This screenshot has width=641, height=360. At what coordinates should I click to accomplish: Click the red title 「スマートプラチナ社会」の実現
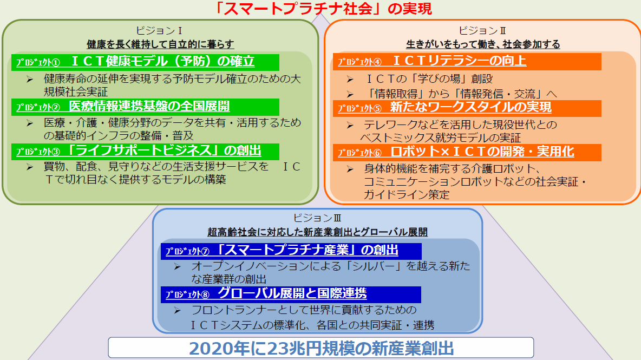click(x=323, y=8)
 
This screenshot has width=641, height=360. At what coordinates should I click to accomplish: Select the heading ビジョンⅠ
click(x=159, y=31)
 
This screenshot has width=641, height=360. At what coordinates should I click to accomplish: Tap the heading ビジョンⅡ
click(x=482, y=31)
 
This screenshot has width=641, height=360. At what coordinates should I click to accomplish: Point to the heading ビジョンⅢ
click(x=317, y=218)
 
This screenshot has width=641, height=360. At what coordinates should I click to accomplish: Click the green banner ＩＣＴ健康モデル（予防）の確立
click(x=145, y=62)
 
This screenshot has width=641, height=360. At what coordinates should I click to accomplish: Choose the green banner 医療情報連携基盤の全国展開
click(x=145, y=107)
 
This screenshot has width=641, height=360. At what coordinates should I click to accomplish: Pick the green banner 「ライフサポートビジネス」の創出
click(x=145, y=151)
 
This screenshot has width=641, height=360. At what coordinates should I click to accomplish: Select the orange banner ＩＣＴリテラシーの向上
click(x=467, y=61)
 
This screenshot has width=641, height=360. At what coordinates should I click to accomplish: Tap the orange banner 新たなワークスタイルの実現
click(x=467, y=108)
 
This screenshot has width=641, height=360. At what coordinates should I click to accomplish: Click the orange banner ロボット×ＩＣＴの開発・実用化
click(x=467, y=153)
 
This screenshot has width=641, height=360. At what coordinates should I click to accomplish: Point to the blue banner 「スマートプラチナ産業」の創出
click(x=291, y=251)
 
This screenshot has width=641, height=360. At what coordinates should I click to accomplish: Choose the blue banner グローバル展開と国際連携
click(x=291, y=294)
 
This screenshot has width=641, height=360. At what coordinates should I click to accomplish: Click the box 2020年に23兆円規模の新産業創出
click(x=321, y=348)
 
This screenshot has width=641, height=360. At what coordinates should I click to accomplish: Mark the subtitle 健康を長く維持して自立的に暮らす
click(x=160, y=44)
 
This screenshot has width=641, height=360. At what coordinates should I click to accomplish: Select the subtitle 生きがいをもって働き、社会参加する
click(x=483, y=44)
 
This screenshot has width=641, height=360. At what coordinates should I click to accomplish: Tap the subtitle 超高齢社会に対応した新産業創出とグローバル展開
click(x=318, y=232)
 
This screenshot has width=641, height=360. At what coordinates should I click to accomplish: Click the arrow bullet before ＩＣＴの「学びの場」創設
click(x=350, y=79)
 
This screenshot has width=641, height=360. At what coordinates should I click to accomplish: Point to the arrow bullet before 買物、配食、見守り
click(x=29, y=167)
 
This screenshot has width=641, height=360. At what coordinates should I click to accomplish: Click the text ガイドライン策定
click(x=407, y=194)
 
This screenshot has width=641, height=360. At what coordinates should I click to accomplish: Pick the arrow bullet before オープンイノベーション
click(x=177, y=266)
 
